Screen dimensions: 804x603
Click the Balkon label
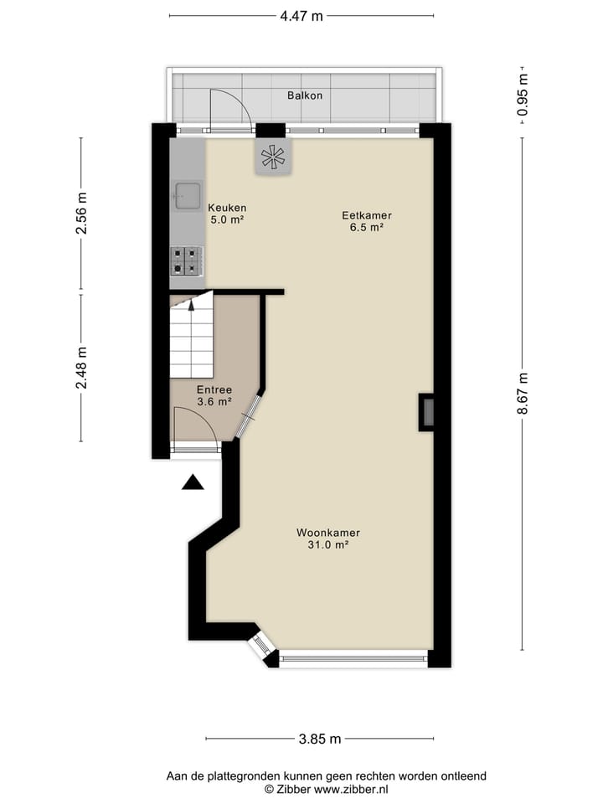click(304, 95)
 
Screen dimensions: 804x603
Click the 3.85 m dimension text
click(320, 739)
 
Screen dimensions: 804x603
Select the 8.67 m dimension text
click(523, 394)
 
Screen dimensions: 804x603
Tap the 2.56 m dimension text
click(81, 215)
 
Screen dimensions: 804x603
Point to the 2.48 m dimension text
click(81, 367)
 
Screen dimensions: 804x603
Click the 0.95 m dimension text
click(523, 95)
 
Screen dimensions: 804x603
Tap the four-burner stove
click(186, 260)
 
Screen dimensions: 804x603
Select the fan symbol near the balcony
click(274, 156)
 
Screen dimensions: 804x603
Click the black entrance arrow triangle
click(193, 482)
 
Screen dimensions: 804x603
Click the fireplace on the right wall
click(426, 412)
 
